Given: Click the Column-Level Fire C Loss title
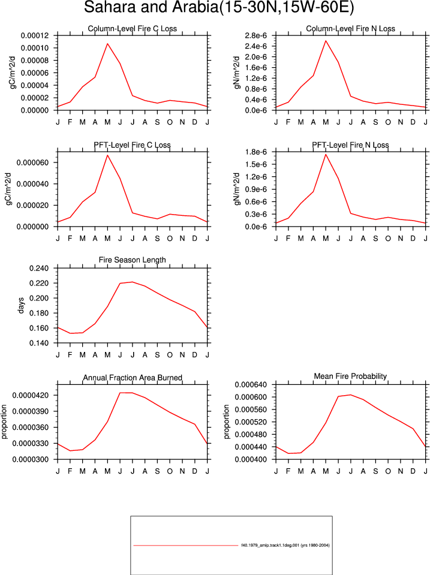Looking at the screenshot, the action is tap(132, 29).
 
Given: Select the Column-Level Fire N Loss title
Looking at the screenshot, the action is tap(350, 29).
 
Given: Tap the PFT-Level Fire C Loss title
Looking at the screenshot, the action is tap(132, 145).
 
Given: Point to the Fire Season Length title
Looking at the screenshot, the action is tap(132, 260).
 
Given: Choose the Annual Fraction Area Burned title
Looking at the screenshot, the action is tap(132, 378).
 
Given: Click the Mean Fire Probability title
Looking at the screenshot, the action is tap(350, 377).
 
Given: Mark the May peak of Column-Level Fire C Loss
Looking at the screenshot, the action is tap(107, 44).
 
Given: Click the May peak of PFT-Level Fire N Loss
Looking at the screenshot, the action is tap(326, 154).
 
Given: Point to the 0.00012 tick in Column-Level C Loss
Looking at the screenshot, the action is tap(35, 35).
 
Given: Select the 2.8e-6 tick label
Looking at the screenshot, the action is tap(255, 35).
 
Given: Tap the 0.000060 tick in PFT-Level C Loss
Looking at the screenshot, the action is tap(32, 162).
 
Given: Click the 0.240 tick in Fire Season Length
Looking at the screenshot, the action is tap(39, 269).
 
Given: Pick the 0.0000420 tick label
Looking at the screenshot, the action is tap(31, 395).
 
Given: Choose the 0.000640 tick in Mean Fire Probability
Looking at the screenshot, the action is tap(251, 385).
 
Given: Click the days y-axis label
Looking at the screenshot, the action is tap(20, 305).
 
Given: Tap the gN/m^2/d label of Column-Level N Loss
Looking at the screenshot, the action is tap(237, 73).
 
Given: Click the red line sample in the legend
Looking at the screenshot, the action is tap(186, 545).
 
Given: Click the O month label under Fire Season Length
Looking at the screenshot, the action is tap(170, 355).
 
